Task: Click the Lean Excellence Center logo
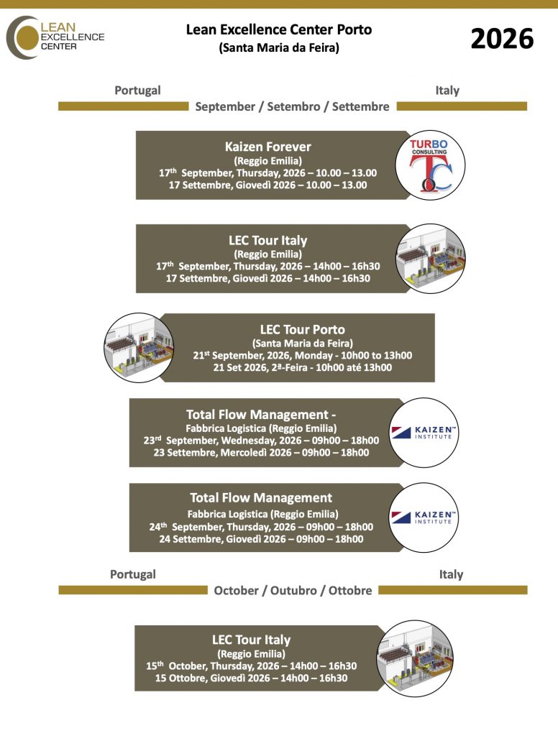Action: coord(56,37)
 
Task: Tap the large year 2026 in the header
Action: coord(502,39)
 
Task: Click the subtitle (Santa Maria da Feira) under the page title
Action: coord(279,49)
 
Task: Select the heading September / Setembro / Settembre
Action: coord(292,106)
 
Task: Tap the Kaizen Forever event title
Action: coord(267,147)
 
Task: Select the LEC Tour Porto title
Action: coord(302,330)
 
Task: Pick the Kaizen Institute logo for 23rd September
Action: coord(422,432)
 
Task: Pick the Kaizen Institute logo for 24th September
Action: coord(422,517)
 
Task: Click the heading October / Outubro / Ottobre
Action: coord(293,590)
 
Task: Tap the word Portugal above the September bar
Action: coord(137,91)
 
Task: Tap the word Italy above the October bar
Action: coord(451,574)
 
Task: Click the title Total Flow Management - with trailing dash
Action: coord(261,414)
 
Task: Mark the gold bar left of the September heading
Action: coord(123,106)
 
